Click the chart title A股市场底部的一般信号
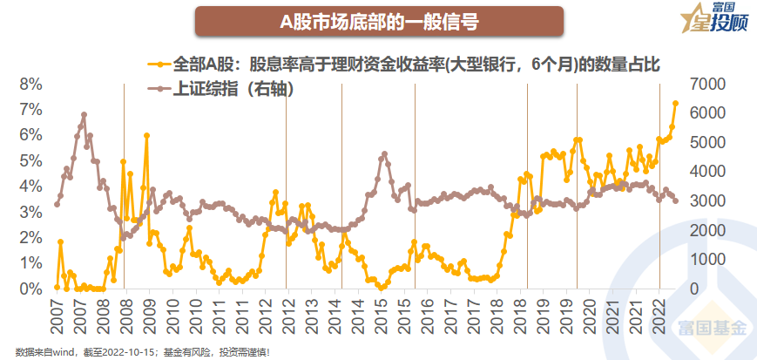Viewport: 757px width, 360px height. point(378,21)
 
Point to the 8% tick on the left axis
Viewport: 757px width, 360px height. point(30,85)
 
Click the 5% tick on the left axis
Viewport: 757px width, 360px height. point(30,161)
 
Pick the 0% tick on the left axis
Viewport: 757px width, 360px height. point(30,289)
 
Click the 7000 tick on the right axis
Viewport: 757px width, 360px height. point(712,85)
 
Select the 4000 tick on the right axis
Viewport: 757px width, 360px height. point(712,172)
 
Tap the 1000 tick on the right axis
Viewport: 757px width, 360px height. point(712,260)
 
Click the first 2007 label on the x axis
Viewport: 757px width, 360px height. point(57,316)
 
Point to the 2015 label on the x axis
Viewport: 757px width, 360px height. point(380,316)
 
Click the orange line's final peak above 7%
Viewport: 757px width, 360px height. point(676,103)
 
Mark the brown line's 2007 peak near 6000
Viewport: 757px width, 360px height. point(84,114)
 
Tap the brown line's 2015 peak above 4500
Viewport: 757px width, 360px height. point(383,154)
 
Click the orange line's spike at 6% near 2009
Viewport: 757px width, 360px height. point(146,136)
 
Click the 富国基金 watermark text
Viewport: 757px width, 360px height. point(713,329)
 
